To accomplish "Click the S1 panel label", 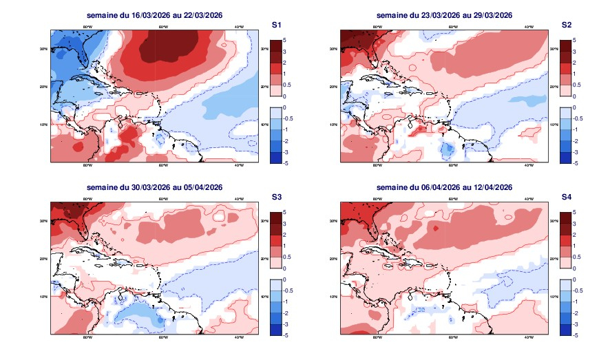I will [x=276, y=25].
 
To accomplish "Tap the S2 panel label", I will [x=567, y=25].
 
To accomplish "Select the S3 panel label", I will [x=276, y=197].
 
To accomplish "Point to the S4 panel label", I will [x=567, y=197].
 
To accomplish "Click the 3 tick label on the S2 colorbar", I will [x=575, y=52].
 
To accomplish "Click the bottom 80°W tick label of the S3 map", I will [x=87, y=338].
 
